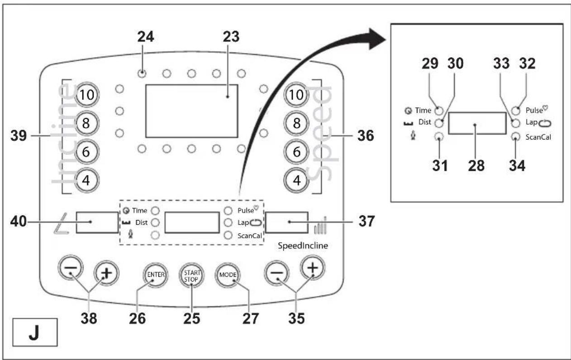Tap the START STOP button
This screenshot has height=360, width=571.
[191, 276]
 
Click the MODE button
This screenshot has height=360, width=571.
[228, 275]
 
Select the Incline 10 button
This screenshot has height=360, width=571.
[87, 95]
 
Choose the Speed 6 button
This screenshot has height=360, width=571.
[296, 152]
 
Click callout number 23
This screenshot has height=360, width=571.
[231, 37]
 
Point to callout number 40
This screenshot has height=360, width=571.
[19, 221]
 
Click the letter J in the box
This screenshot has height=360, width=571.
[34, 332]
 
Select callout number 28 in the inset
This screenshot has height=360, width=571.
[476, 166]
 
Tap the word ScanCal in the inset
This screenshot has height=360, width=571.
[538, 137]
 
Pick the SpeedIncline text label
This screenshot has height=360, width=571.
[303, 245]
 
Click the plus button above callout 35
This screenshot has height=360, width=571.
[313, 268]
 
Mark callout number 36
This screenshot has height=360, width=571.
[366, 135]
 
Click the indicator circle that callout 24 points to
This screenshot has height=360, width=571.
[142, 73]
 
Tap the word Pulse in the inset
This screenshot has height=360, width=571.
[534, 110]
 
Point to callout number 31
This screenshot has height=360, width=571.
[440, 166]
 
